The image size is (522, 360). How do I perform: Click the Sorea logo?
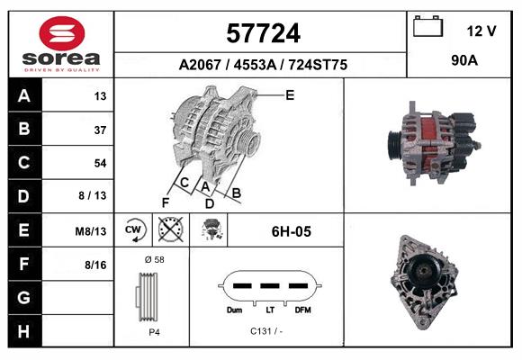pyautogui.click(x=61, y=44)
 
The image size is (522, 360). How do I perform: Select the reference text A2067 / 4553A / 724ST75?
pyautogui.click(x=263, y=65)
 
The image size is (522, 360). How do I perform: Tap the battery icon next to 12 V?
pyautogui.click(x=427, y=28)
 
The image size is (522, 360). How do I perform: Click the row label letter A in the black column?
pyautogui.click(x=24, y=96)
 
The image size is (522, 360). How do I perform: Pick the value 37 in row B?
pyautogui.click(x=99, y=130)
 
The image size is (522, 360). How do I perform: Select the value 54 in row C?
pyautogui.click(x=99, y=163)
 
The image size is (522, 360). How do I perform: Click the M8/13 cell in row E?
pyautogui.click(x=91, y=231)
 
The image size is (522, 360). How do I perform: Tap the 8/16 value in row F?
pyautogui.click(x=95, y=265)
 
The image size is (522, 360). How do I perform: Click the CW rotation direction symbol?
pyautogui.click(x=133, y=230)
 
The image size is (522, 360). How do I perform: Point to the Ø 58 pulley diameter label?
pyautogui.click(x=154, y=259)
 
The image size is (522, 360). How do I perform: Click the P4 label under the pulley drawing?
pyautogui.click(x=154, y=331)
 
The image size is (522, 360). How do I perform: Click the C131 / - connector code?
pyautogui.click(x=267, y=330)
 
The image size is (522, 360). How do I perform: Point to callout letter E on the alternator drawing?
pyautogui.click(x=290, y=94)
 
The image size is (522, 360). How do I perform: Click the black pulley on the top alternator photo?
pyautogui.click(x=393, y=143)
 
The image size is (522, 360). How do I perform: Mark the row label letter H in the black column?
pyautogui.click(x=24, y=330)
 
